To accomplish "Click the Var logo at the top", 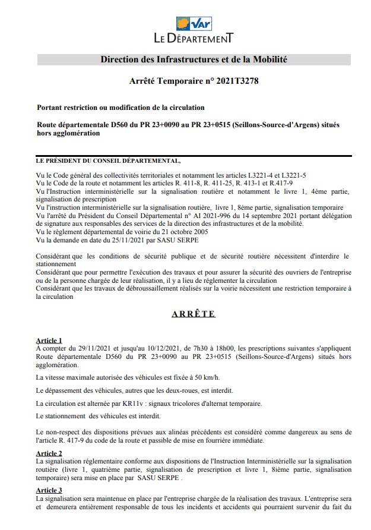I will [x=194, y=24].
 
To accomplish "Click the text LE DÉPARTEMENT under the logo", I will [x=194, y=39].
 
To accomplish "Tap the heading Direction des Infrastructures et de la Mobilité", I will [x=194, y=60].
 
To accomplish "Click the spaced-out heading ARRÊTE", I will [x=194, y=314].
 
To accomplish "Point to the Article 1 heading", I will [x=49, y=340].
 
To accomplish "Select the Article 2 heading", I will [x=49, y=453].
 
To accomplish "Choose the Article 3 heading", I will [x=49, y=490].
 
